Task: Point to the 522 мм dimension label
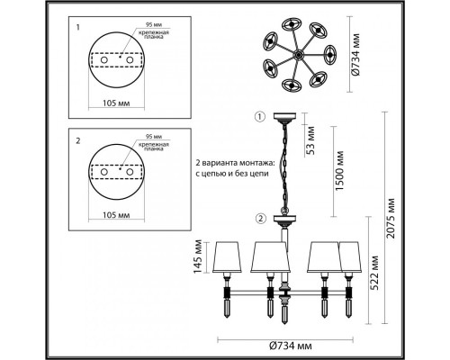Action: tap(374, 275)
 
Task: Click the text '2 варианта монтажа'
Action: tap(220, 162)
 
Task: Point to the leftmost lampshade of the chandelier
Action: tap(230, 257)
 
